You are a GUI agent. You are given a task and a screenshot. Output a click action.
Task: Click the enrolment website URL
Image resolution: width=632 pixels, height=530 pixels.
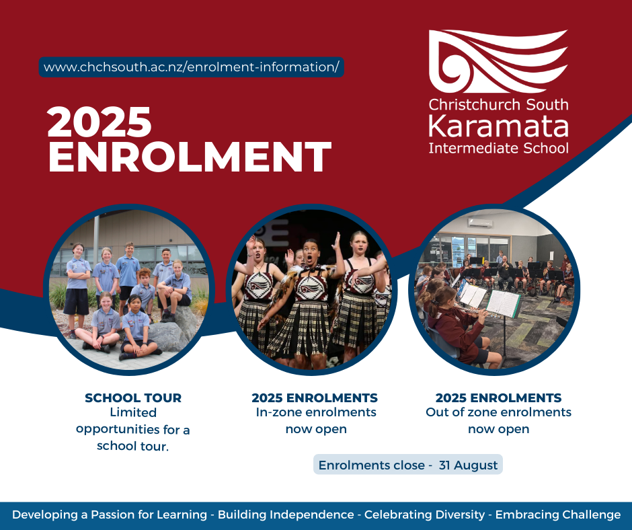191,67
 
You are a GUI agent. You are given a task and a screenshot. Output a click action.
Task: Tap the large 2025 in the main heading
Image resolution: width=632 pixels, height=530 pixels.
99,122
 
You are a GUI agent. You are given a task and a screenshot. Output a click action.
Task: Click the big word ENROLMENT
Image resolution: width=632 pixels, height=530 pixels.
190,157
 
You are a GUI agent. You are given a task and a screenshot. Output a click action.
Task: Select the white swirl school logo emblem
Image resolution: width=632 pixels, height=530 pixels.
498,61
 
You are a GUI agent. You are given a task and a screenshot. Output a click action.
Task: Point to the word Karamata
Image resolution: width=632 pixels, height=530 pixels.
498,126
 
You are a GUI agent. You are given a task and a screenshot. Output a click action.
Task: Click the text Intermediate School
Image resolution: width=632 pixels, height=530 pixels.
498,148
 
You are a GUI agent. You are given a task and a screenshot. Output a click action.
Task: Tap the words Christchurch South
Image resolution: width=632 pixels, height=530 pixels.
498,104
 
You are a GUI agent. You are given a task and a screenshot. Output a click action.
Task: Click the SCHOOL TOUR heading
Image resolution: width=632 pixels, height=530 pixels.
133,397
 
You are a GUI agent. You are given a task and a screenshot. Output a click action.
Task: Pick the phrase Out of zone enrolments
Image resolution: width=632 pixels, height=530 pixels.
499,412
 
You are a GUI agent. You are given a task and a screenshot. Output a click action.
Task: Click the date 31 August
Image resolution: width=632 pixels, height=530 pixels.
468,465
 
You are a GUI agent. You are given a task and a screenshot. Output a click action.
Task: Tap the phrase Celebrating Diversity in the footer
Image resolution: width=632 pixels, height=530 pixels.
424,515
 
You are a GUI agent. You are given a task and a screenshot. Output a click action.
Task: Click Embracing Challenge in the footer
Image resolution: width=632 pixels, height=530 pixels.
558,515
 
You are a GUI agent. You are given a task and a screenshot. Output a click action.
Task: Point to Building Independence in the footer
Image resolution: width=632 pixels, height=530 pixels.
286,515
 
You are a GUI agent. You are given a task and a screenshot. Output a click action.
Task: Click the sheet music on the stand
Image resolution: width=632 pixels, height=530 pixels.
503,303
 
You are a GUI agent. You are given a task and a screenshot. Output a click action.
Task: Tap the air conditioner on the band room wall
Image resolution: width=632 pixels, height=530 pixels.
479,223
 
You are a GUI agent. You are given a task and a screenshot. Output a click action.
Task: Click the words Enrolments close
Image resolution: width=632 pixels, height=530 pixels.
372,465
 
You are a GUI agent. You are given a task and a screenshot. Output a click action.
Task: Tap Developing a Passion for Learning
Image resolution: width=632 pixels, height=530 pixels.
110,515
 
